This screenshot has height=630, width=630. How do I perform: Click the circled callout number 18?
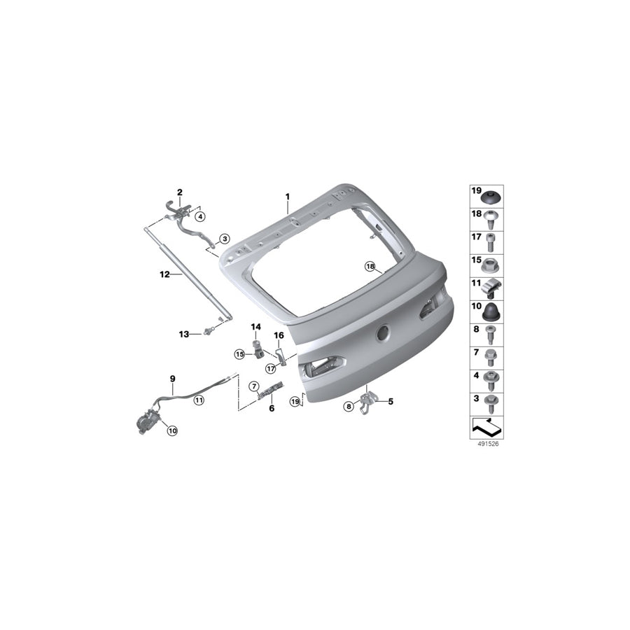(x=370, y=266)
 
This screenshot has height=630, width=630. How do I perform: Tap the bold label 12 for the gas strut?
(x=164, y=275)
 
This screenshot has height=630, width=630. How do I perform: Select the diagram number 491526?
(x=488, y=444)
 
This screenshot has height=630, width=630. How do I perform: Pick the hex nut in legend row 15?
(x=491, y=265)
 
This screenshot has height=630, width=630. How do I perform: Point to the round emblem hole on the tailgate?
(x=383, y=332)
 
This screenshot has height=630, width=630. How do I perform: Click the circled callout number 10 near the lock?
(x=172, y=430)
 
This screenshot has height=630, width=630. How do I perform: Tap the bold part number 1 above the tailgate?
(x=287, y=197)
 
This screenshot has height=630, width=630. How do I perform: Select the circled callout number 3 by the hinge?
(x=225, y=239)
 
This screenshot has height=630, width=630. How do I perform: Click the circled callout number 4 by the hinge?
(x=199, y=217)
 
